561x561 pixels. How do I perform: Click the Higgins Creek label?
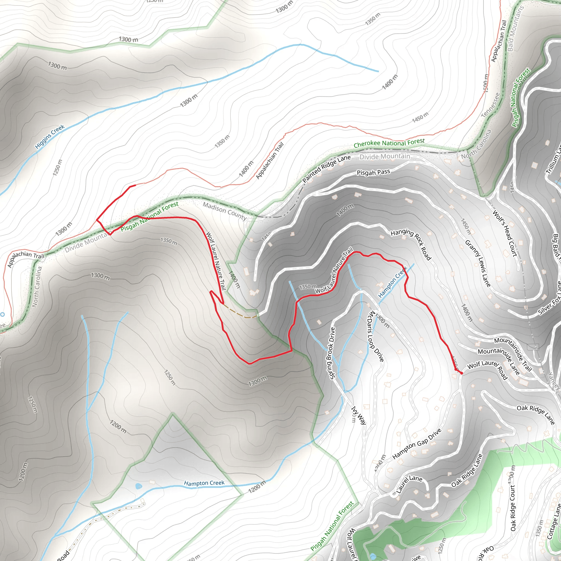point(50,136)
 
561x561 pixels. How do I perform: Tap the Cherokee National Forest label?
point(389,143)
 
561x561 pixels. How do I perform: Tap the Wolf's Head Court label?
point(505,233)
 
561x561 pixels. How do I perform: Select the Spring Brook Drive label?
point(332,353)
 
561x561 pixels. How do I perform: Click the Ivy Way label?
point(359,415)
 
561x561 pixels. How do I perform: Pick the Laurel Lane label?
point(409,484)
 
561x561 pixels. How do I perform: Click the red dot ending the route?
point(461,373)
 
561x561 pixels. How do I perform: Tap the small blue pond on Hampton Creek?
point(139,486)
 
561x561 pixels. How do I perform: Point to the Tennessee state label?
point(490,105)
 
